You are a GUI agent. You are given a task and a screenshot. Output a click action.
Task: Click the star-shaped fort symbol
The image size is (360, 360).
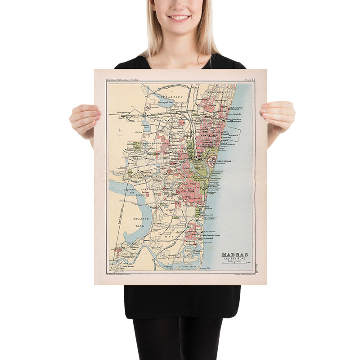click(211, 161)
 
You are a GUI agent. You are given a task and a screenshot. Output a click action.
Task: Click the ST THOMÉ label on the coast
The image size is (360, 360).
click(208, 239)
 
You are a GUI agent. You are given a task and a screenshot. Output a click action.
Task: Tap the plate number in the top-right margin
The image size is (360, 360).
click(249, 80)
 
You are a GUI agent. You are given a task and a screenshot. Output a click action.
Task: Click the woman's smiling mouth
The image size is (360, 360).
click(179, 18)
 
